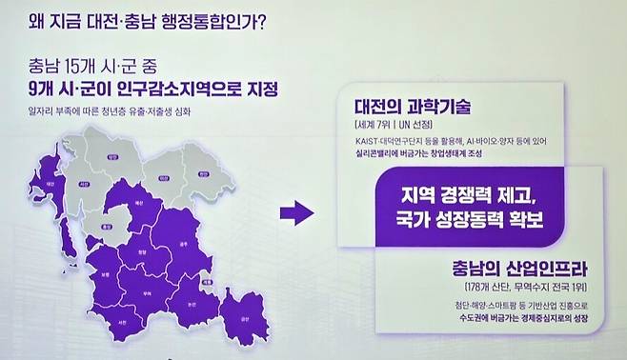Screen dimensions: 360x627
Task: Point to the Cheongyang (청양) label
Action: coord(142,251)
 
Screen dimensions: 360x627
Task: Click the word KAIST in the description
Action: coord(363,142)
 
